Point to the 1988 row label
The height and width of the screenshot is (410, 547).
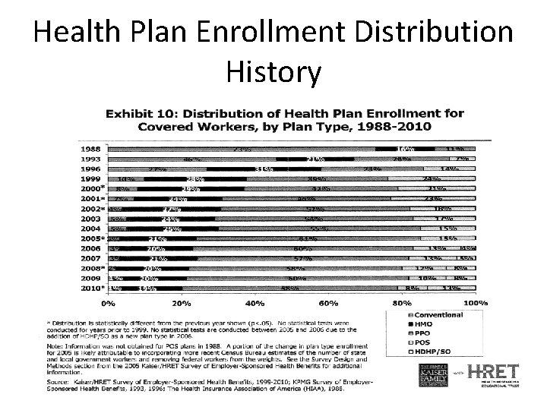pos(91,148)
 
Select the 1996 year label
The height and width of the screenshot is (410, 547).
pos(91,169)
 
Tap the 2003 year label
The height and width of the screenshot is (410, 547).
pos(91,218)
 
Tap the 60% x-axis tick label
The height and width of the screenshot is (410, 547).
pos(329,303)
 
